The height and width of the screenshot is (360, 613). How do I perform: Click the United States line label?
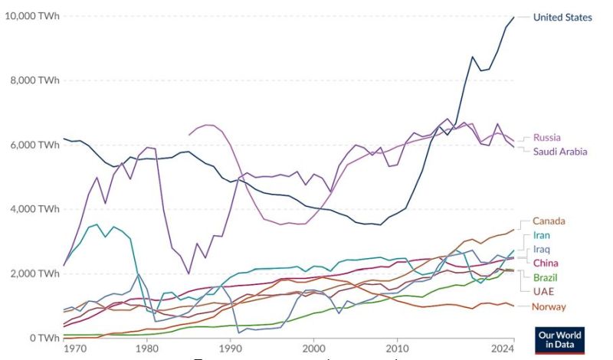point(562,17)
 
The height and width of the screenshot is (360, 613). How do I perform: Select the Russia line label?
point(547,138)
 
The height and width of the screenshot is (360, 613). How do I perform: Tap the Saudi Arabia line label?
point(560,152)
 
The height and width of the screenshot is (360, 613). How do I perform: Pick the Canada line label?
point(549,221)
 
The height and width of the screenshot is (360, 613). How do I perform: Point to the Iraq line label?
point(541,250)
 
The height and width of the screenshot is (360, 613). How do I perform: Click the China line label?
point(545,263)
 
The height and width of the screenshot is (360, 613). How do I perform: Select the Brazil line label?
point(545,277)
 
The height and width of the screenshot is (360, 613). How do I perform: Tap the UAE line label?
point(543,291)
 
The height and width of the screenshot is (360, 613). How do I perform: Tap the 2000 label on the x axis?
point(313,349)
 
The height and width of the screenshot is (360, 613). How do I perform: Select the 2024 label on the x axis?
point(502,349)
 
